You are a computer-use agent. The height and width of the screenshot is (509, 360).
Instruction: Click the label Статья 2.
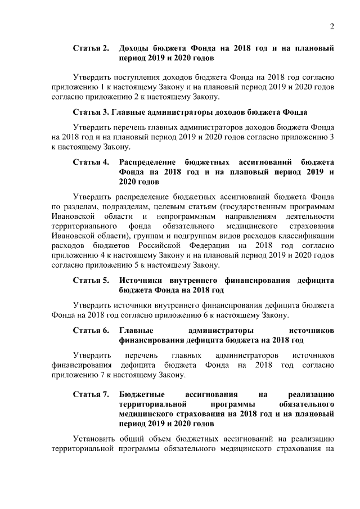pos(91,49)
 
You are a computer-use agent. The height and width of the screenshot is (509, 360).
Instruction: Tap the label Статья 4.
pos(91,163)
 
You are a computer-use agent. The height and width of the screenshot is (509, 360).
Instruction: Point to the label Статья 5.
pos(91,280)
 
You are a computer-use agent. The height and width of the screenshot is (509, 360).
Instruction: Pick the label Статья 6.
pos(91,330)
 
